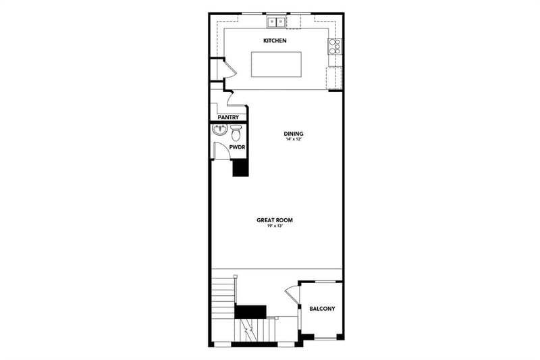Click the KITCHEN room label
[x=275, y=41]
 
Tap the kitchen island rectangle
[x=276, y=64]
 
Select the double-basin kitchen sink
[x=277, y=22]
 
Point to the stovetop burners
[x=335, y=47]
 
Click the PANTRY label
[x=228, y=118]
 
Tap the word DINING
[x=294, y=134]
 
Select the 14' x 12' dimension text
[x=294, y=140]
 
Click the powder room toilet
[x=236, y=133]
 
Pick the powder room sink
[x=219, y=130]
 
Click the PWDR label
[x=237, y=147]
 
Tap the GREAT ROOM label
[x=275, y=220]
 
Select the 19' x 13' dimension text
[x=275, y=226]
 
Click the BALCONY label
[x=322, y=309]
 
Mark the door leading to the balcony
[x=292, y=294]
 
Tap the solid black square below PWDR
[x=240, y=168]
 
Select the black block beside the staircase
[x=250, y=311]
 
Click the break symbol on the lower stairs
[x=247, y=330]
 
